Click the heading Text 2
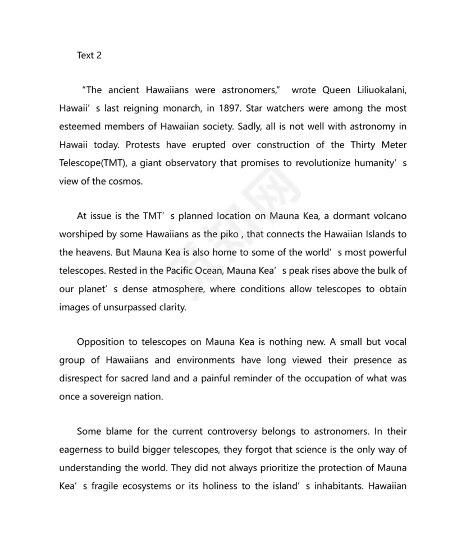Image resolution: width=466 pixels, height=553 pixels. coord(89,56)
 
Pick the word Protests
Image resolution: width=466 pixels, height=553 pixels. coord(143,145)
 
